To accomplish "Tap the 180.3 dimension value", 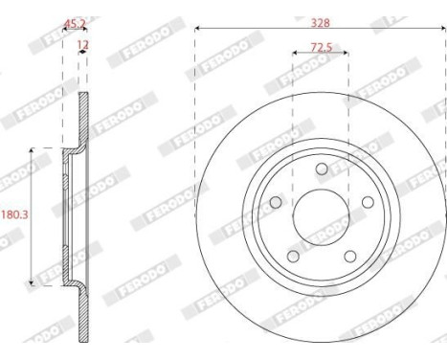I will coord(13,215).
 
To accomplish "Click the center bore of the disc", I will coord(321,215).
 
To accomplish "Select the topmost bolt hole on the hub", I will coord(321,169).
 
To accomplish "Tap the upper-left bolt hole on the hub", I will coord(277,202).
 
